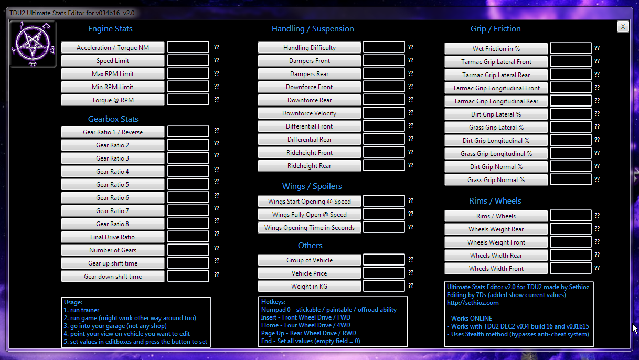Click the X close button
point(623,27)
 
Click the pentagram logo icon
point(33,44)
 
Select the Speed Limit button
point(113,61)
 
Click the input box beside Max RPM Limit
point(188,74)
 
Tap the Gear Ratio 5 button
point(113,185)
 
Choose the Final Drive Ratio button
point(113,237)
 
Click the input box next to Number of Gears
point(188,250)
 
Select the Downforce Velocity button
point(310,113)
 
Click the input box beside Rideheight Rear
point(384,166)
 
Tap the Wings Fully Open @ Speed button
point(310,215)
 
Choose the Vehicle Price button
point(310,273)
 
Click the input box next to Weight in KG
point(384,287)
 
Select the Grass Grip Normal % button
point(496,180)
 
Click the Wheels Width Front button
point(496,269)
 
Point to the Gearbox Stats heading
point(113,119)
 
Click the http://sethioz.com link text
point(473,303)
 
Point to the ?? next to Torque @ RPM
point(216,100)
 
